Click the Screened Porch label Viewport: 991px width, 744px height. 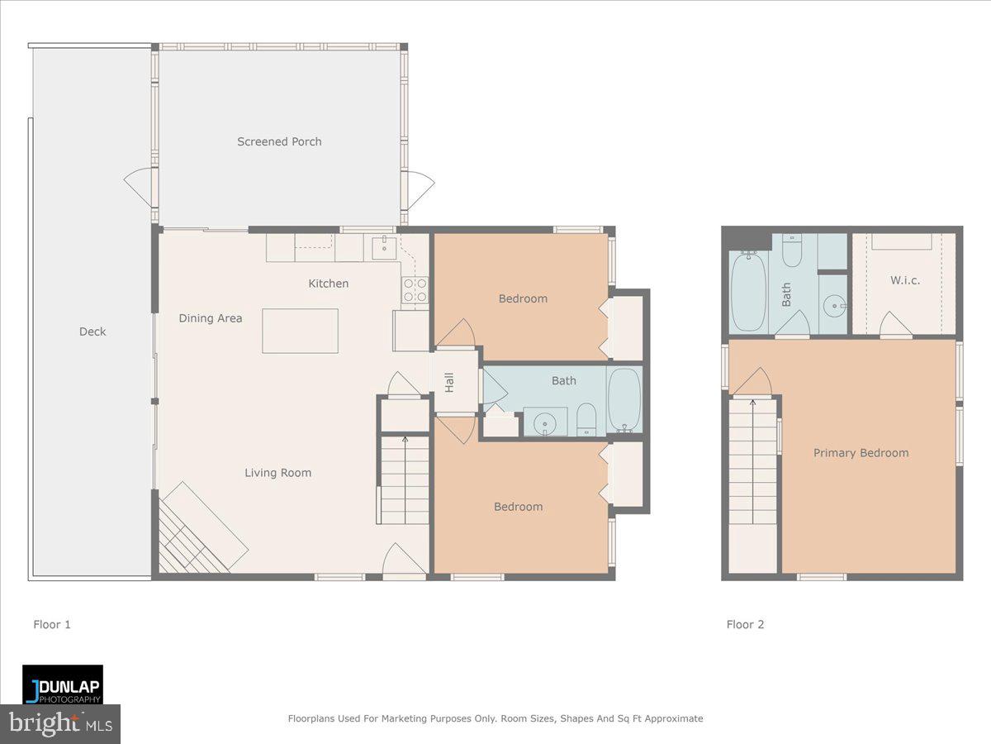279,141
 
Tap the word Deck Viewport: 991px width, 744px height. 92,331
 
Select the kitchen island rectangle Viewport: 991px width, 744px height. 300,331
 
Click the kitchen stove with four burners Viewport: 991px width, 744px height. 415,290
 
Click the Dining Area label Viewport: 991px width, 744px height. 211,318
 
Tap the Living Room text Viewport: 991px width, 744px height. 277,473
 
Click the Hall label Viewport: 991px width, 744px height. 450,382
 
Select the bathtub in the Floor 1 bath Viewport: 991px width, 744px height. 624,400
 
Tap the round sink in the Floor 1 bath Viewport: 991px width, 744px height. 545,424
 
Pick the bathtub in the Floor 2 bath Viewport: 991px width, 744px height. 749,291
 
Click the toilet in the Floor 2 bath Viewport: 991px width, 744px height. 791,251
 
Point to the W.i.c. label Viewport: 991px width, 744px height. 905,280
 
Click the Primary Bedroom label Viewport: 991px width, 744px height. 861,453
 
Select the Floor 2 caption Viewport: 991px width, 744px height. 745,624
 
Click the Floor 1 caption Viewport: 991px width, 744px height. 52,624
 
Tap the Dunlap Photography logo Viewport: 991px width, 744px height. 63,684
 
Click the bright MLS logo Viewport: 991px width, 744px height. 60,723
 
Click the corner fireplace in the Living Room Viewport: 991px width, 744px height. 194,533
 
